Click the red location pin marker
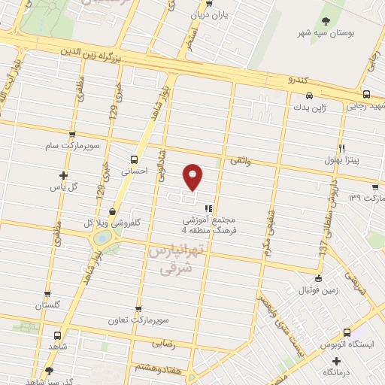[x=193, y=177]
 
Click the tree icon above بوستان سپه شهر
[x=325, y=21]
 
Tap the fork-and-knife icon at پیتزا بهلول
[x=341, y=148]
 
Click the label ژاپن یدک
[x=311, y=108]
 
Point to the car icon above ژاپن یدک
[x=310, y=95]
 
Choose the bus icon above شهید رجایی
[x=366, y=95]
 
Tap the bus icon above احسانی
[x=134, y=159]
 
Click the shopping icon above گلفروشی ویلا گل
[x=112, y=211]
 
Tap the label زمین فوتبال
[x=309, y=289]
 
